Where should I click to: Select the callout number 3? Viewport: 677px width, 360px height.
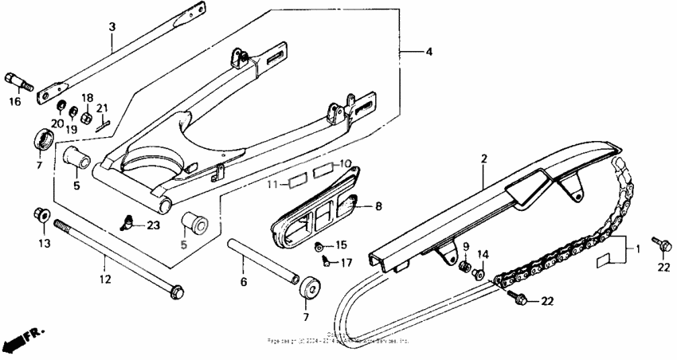pos(112,26)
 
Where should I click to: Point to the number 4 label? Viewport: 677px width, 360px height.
pos(429,52)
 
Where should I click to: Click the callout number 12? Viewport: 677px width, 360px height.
pos(105,280)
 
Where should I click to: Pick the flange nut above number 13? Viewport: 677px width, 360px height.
pos(41,214)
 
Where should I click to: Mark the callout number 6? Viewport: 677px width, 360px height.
pos(244,281)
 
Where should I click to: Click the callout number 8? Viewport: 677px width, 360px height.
pos(378,206)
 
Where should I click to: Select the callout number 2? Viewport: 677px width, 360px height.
pos(483,159)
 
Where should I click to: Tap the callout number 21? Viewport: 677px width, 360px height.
pos(102,108)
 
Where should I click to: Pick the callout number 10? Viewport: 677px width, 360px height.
pos(344,163)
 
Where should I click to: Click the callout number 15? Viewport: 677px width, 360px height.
pos(341,245)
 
